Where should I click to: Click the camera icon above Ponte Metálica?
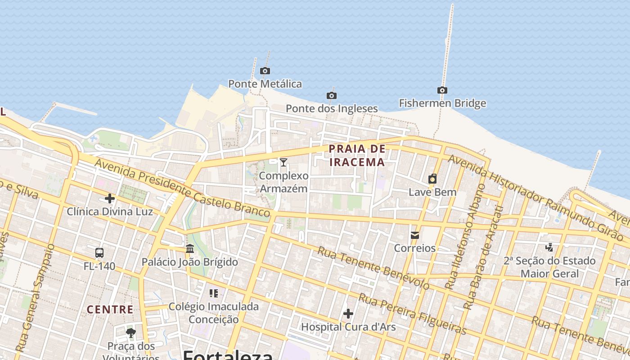[x=265, y=71]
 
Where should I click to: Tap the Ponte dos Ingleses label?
[x=332, y=108]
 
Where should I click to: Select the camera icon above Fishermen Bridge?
[x=442, y=90]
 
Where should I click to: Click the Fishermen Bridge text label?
[x=442, y=103]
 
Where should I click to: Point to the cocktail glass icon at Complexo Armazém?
[x=283, y=162]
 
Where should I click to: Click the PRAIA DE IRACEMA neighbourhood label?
[x=357, y=156]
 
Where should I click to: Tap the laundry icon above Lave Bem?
[x=432, y=179]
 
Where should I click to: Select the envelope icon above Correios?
[x=415, y=235]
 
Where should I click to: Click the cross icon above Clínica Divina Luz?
[x=110, y=198]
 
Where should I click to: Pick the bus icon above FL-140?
[x=99, y=253]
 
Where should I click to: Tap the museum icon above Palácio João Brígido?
[x=190, y=248]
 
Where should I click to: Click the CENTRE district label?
[x=110, y=310]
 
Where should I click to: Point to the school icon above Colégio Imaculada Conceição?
[x=214, y=293]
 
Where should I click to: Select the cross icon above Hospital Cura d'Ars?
[x=348, y=314]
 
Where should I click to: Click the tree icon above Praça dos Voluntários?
[x=131, y=333]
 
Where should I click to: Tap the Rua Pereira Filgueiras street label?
[x=412, y=314]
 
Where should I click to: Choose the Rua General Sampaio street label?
[x=35, y=298]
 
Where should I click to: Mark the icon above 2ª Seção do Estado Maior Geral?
[x=549, y=247]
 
